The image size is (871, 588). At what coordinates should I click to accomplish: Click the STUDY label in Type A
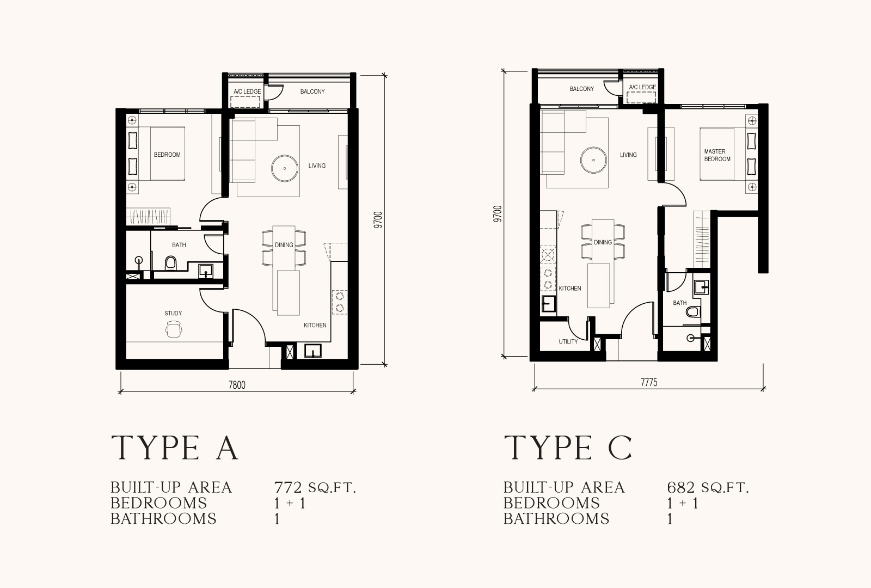pos(173,313)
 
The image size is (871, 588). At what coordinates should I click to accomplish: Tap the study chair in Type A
pos(174,329)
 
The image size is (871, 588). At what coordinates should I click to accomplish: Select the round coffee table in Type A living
pos(285,168)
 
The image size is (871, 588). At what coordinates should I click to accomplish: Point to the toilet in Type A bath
pos(171,263)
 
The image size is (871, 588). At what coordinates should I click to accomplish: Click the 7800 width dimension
pos(237,385)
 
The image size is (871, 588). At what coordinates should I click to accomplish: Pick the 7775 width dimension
pos(649,383)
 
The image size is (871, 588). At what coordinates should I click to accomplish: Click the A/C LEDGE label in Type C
pos(642,87)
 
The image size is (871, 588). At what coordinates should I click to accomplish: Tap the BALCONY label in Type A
pos(312,91)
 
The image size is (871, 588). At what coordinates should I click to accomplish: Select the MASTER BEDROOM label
pos(717,155)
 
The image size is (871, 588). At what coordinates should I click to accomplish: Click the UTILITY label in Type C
pos(568,341)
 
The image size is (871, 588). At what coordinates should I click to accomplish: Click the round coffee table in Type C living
pos(593,160)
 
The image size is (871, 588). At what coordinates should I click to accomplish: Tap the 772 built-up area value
pos(288,487)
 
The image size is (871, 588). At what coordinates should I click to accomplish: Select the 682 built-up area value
pos(681,487)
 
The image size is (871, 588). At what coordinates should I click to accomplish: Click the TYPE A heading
pos(175,448)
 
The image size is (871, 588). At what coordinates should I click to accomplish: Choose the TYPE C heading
pos(568,448)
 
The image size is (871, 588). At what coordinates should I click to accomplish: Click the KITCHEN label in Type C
pos(569,289)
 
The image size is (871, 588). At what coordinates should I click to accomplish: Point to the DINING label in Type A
pos(284,245)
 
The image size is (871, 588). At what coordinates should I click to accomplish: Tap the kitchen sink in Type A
pos(313,351)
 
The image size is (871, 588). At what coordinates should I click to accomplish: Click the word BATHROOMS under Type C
pos(556,519)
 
